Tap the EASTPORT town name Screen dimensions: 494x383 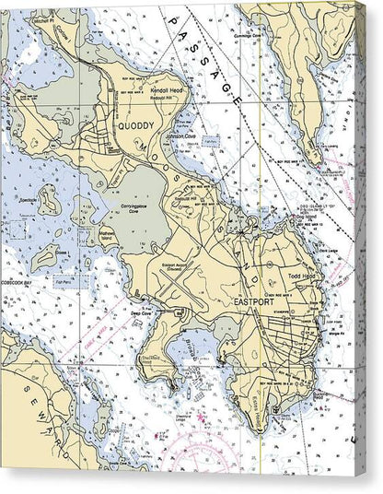254,301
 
